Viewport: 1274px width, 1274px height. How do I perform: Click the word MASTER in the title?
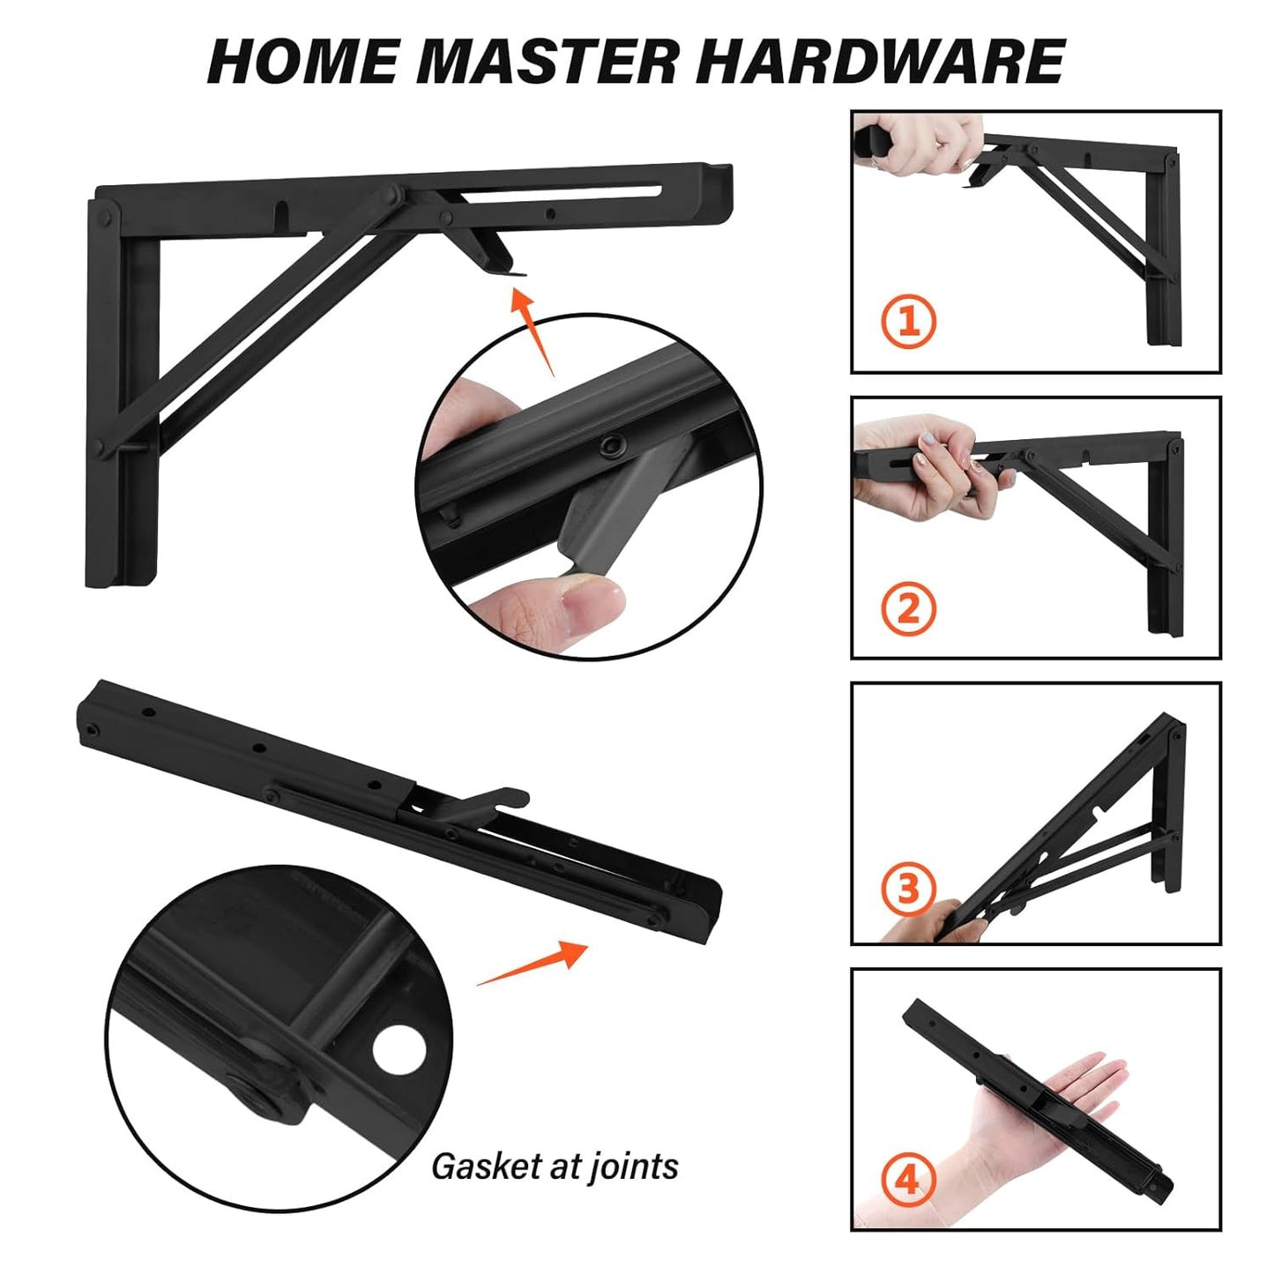(x=547, y=62)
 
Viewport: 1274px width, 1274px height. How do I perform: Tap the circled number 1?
(x=908, y=321)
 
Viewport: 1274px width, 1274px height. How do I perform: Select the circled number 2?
(x=908, y=607)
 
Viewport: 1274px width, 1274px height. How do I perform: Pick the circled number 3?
(x=908, y=888)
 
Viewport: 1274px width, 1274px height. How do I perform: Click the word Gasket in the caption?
(x=486, y=1166)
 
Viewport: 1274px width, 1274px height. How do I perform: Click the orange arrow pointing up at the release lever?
(x=532, y=326)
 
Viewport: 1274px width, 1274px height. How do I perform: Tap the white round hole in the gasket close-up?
(x=399, y=1049)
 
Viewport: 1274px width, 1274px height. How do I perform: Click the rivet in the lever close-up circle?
(x=607, y=448)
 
